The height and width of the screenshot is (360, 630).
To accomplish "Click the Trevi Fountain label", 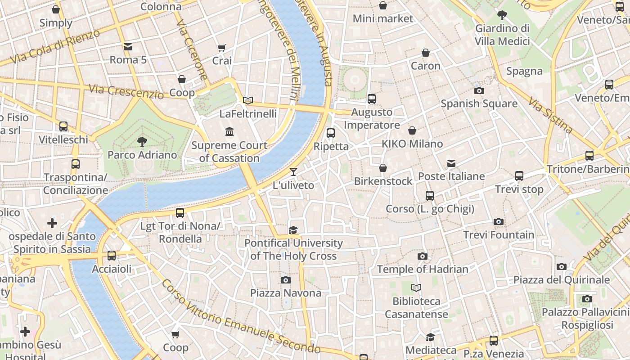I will pyautogui.click(x=499, y=235).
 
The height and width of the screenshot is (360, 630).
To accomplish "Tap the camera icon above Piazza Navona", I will pyautogui.click(x=285, y=280).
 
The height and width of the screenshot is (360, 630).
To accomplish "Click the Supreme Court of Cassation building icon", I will pyautogui.click(x=229, y=132).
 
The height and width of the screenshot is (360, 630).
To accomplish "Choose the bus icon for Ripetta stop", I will pyautogui.click(x=331, y=133).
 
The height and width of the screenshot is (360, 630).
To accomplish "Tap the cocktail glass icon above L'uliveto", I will pyautogui.click(x=293, y=172).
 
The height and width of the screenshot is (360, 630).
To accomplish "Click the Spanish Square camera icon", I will pyautogui.click(x=479, y=90).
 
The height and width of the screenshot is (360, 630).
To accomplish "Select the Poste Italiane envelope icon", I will pyautogui.click(x=451, y=163).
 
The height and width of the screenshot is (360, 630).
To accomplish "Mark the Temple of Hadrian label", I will pyautogui.click(x=423, y=269).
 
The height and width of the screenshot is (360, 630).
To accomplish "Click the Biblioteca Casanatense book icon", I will pyautogui.click(x=416, y=288).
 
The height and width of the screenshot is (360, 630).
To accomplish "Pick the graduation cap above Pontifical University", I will pyautogui.click(x=293, y=230).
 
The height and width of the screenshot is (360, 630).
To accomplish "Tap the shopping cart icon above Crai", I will pyautogui.click(x=221, y=48).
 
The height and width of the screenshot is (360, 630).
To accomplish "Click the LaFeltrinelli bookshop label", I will pyautogui.click(x=248, y=114).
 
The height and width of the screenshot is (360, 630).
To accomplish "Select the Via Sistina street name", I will pyautogui.click(x=550, y=115).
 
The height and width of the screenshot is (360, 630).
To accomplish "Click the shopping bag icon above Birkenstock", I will pyautogui.click(x=382, y=168).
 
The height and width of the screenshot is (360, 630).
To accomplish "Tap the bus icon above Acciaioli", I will pyautogui.click(x=112, y=256).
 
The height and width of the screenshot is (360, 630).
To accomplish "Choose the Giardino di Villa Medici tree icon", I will pyautogui.click(x=502, y=15).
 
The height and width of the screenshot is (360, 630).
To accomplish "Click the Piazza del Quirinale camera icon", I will pyautogui.click(x=561, y=266).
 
